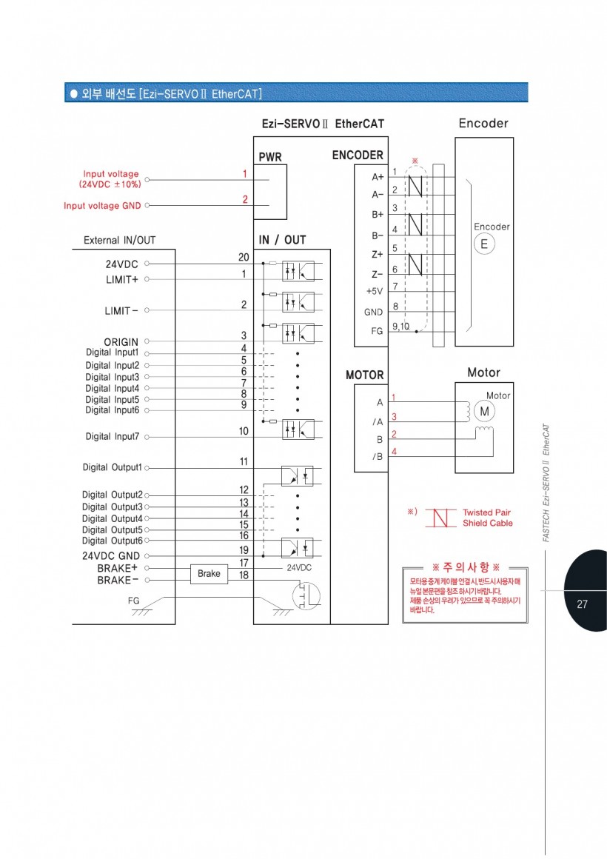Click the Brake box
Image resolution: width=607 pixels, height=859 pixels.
tap(209, 574)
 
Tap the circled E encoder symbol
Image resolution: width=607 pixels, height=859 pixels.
tap(484, 244)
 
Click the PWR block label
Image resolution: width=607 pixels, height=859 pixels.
tap(270, 158)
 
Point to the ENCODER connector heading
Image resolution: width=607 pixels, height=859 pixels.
tap(358, 156)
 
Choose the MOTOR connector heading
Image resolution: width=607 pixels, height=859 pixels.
tap(365, 375)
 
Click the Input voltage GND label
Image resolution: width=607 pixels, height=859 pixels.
tap(102, 206)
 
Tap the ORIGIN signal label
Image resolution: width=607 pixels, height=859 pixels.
tap(121, 342)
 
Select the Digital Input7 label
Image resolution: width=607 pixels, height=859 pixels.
tap(112, 437)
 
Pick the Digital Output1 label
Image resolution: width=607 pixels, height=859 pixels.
tap(112, 468)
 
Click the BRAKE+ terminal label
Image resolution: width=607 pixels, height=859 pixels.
tap(118, 568)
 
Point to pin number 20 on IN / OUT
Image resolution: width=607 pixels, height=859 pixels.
tap(243, 256)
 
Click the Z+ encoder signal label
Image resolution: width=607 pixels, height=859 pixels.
tap(377, 254)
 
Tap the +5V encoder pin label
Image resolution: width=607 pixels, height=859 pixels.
tap(374, 292)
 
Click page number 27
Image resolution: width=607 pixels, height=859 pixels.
tap(582, 604)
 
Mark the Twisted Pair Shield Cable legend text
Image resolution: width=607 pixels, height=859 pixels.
tap(487, 518)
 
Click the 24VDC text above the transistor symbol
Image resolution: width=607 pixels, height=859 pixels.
tap(299, 567)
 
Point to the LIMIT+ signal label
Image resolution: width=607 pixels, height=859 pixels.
tap(122, 280)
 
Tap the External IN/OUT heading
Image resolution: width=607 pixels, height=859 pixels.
tap(119, 240)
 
